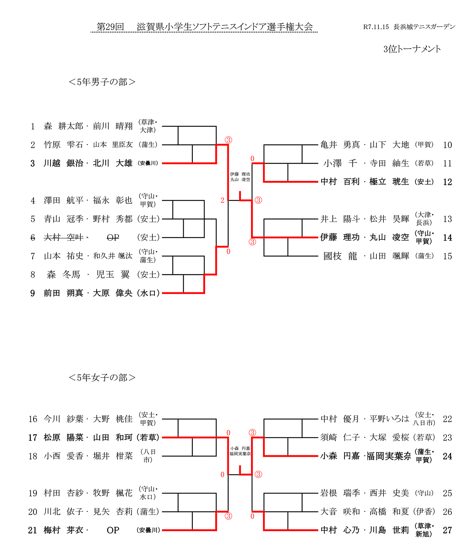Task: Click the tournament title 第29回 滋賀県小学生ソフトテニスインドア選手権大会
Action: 205,27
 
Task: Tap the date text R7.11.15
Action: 376,27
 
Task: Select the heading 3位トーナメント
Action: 412,49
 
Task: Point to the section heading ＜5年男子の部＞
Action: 102,82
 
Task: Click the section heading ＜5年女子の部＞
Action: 102,378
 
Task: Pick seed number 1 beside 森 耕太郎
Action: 33,126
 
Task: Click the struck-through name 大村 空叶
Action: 63,237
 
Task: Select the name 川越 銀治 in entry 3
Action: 63,163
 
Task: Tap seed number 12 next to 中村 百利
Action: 447,182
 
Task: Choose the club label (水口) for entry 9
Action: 149,293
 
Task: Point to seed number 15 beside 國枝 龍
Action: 447,256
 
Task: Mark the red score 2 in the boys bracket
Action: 222,200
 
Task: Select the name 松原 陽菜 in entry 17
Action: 63,437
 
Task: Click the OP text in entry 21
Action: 113,530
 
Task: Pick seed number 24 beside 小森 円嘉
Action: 447,456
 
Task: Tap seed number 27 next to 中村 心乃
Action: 447,530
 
